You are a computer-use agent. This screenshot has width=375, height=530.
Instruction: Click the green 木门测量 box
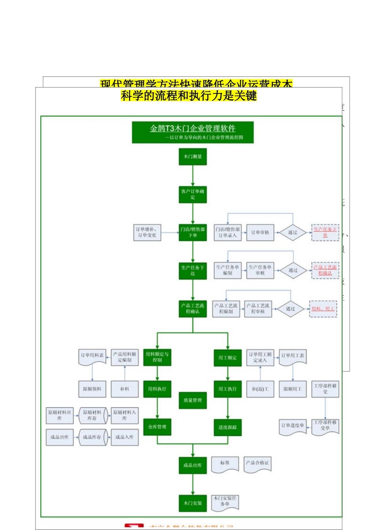point(193,157)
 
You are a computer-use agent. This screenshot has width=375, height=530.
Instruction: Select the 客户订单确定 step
point(193,194)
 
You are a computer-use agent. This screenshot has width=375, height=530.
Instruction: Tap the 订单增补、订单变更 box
point(147,232)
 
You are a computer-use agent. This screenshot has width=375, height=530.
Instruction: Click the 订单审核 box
point(260,232)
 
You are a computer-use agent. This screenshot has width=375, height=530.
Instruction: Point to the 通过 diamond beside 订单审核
point(292,232)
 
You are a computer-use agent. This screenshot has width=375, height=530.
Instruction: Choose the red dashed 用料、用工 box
point(323,309)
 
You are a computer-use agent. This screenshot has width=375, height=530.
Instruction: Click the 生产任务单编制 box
point(228,270)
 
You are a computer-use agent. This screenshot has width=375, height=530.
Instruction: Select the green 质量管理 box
point(193,400)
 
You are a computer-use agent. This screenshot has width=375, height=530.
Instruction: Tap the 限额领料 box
point(92,389)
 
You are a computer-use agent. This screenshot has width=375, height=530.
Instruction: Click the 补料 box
point(125,389)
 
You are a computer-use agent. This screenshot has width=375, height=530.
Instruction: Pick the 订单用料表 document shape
point(92,356)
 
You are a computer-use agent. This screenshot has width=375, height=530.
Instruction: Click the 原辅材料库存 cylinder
point(92,415)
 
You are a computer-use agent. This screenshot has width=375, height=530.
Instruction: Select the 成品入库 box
point(125,437)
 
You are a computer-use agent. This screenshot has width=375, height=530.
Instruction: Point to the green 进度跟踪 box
point(228,427)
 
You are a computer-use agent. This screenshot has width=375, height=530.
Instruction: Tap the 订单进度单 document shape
point(292,426)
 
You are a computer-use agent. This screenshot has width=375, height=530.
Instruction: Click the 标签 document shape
point(225,463)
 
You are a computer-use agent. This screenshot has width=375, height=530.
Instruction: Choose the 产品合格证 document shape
point(257,463)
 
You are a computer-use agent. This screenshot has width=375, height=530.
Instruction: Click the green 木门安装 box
point(193,503)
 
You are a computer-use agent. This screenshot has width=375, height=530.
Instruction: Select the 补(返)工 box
point(260,389)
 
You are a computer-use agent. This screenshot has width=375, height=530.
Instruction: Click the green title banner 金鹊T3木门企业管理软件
point(193,132)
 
